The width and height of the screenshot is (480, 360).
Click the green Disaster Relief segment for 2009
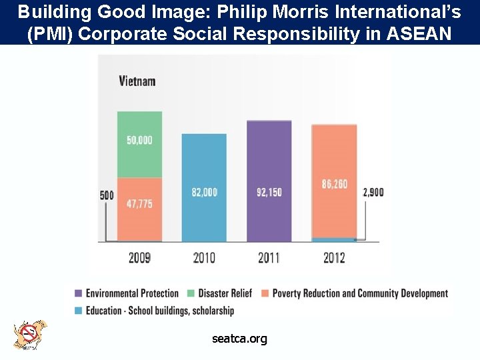click(x=139, y=145)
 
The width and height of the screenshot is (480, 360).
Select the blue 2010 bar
click(x=204, y=187)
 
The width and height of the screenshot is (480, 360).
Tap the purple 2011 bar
click(x=269, y=181)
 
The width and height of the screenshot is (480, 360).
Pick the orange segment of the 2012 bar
click(x=334, y=181)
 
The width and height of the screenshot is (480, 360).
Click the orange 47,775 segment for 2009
click(x=139, y=209)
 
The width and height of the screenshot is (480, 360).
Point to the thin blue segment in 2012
click(x=334, y=240)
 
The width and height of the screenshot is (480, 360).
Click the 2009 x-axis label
click(x=139, y=258)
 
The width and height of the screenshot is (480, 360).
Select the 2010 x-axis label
click(x=204, y=258)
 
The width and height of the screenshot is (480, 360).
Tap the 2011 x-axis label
click(x=269, y=258)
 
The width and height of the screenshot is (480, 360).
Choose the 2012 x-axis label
click(x=334, y=258)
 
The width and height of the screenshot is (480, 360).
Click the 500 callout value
click(x=107, y=195)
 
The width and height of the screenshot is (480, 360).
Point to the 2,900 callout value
click(x=373, y=192)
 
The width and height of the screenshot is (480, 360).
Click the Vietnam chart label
click(x=137, y=81)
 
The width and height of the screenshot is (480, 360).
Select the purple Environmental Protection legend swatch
click(x=79, y=293)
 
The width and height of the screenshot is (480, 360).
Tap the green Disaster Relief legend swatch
click(x=191, y=293)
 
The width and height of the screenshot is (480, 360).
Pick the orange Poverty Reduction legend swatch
click(x=265, y=293)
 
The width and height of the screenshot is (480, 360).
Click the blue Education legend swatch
click(x=79, y=311)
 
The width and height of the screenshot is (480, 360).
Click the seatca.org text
click(x=240, y=339)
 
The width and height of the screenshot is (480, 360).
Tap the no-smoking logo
click(x=30, y=335)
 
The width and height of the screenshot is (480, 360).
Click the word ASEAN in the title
click(x=419, y=33)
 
